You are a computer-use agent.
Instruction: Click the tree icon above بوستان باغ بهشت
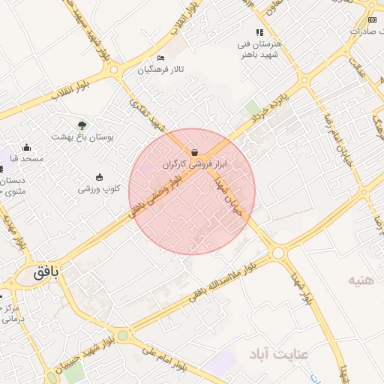click(82, 124)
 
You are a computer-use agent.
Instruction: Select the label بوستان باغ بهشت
click(80, 136)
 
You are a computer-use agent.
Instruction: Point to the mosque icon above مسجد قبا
click(27, 147)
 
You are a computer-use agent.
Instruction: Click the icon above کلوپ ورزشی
click(100, 177)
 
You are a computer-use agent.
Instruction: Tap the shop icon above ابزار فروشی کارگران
click(194, 152)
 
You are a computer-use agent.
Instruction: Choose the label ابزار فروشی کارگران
click(194, 163)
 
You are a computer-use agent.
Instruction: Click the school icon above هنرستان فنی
click(259, 32)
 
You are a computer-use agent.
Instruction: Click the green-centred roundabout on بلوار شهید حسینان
click(122, 335)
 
